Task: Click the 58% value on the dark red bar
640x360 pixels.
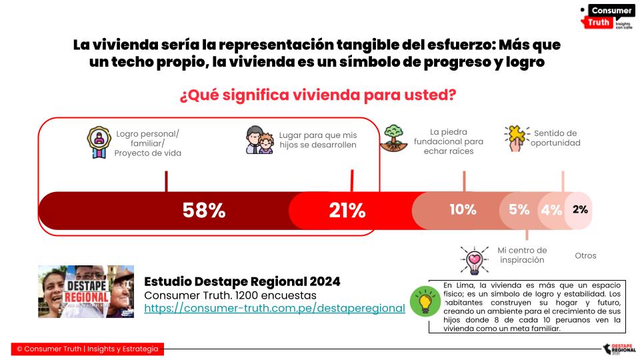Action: coord(204,211)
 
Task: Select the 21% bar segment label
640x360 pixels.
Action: coord(347,211)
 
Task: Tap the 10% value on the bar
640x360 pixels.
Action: coord(463,209)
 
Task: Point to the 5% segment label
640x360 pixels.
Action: coord(519,209)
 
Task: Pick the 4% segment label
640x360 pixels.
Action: coord(551,210)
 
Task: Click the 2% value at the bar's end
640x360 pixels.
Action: coord(580,209)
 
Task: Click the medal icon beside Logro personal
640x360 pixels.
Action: coord(99,143)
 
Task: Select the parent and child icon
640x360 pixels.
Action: coord(259,140)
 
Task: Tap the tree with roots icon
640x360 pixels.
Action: coord(393,137)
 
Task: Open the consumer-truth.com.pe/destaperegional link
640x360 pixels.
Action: coord(275,309)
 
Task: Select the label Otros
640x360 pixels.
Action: coord(585,255)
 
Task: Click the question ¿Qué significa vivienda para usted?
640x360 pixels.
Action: coord(317,95)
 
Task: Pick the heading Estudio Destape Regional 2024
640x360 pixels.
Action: coord(242,281)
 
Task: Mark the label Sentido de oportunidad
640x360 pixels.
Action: coord(555,138)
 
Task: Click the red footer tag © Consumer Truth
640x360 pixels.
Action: coord(87,349)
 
